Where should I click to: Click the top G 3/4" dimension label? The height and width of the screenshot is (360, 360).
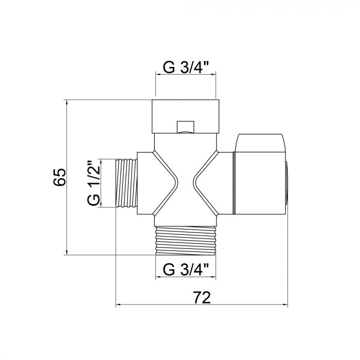pos(186,67)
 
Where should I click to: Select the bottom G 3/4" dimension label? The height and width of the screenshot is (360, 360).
pos(186,269)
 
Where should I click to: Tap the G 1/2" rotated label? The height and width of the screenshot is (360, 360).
pos(94,183)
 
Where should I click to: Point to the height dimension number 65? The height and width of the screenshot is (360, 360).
pos(60,177)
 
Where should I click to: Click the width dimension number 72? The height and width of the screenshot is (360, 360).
pos(202,298)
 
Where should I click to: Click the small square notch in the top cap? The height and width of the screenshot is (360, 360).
pos(185,127)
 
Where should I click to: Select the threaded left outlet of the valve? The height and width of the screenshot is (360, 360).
pos(127,183)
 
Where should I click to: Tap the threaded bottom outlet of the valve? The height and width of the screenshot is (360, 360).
pos(186,240)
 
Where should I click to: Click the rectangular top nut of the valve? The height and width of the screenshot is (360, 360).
pos(186,116)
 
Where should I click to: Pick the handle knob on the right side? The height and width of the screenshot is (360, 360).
pos(260,174)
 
